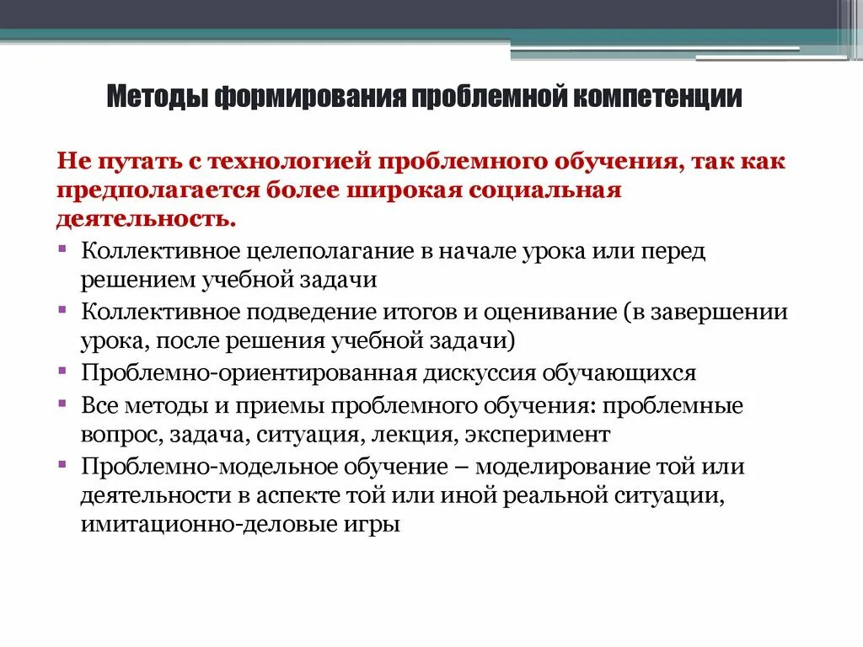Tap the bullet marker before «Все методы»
[x=65, y=403]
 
